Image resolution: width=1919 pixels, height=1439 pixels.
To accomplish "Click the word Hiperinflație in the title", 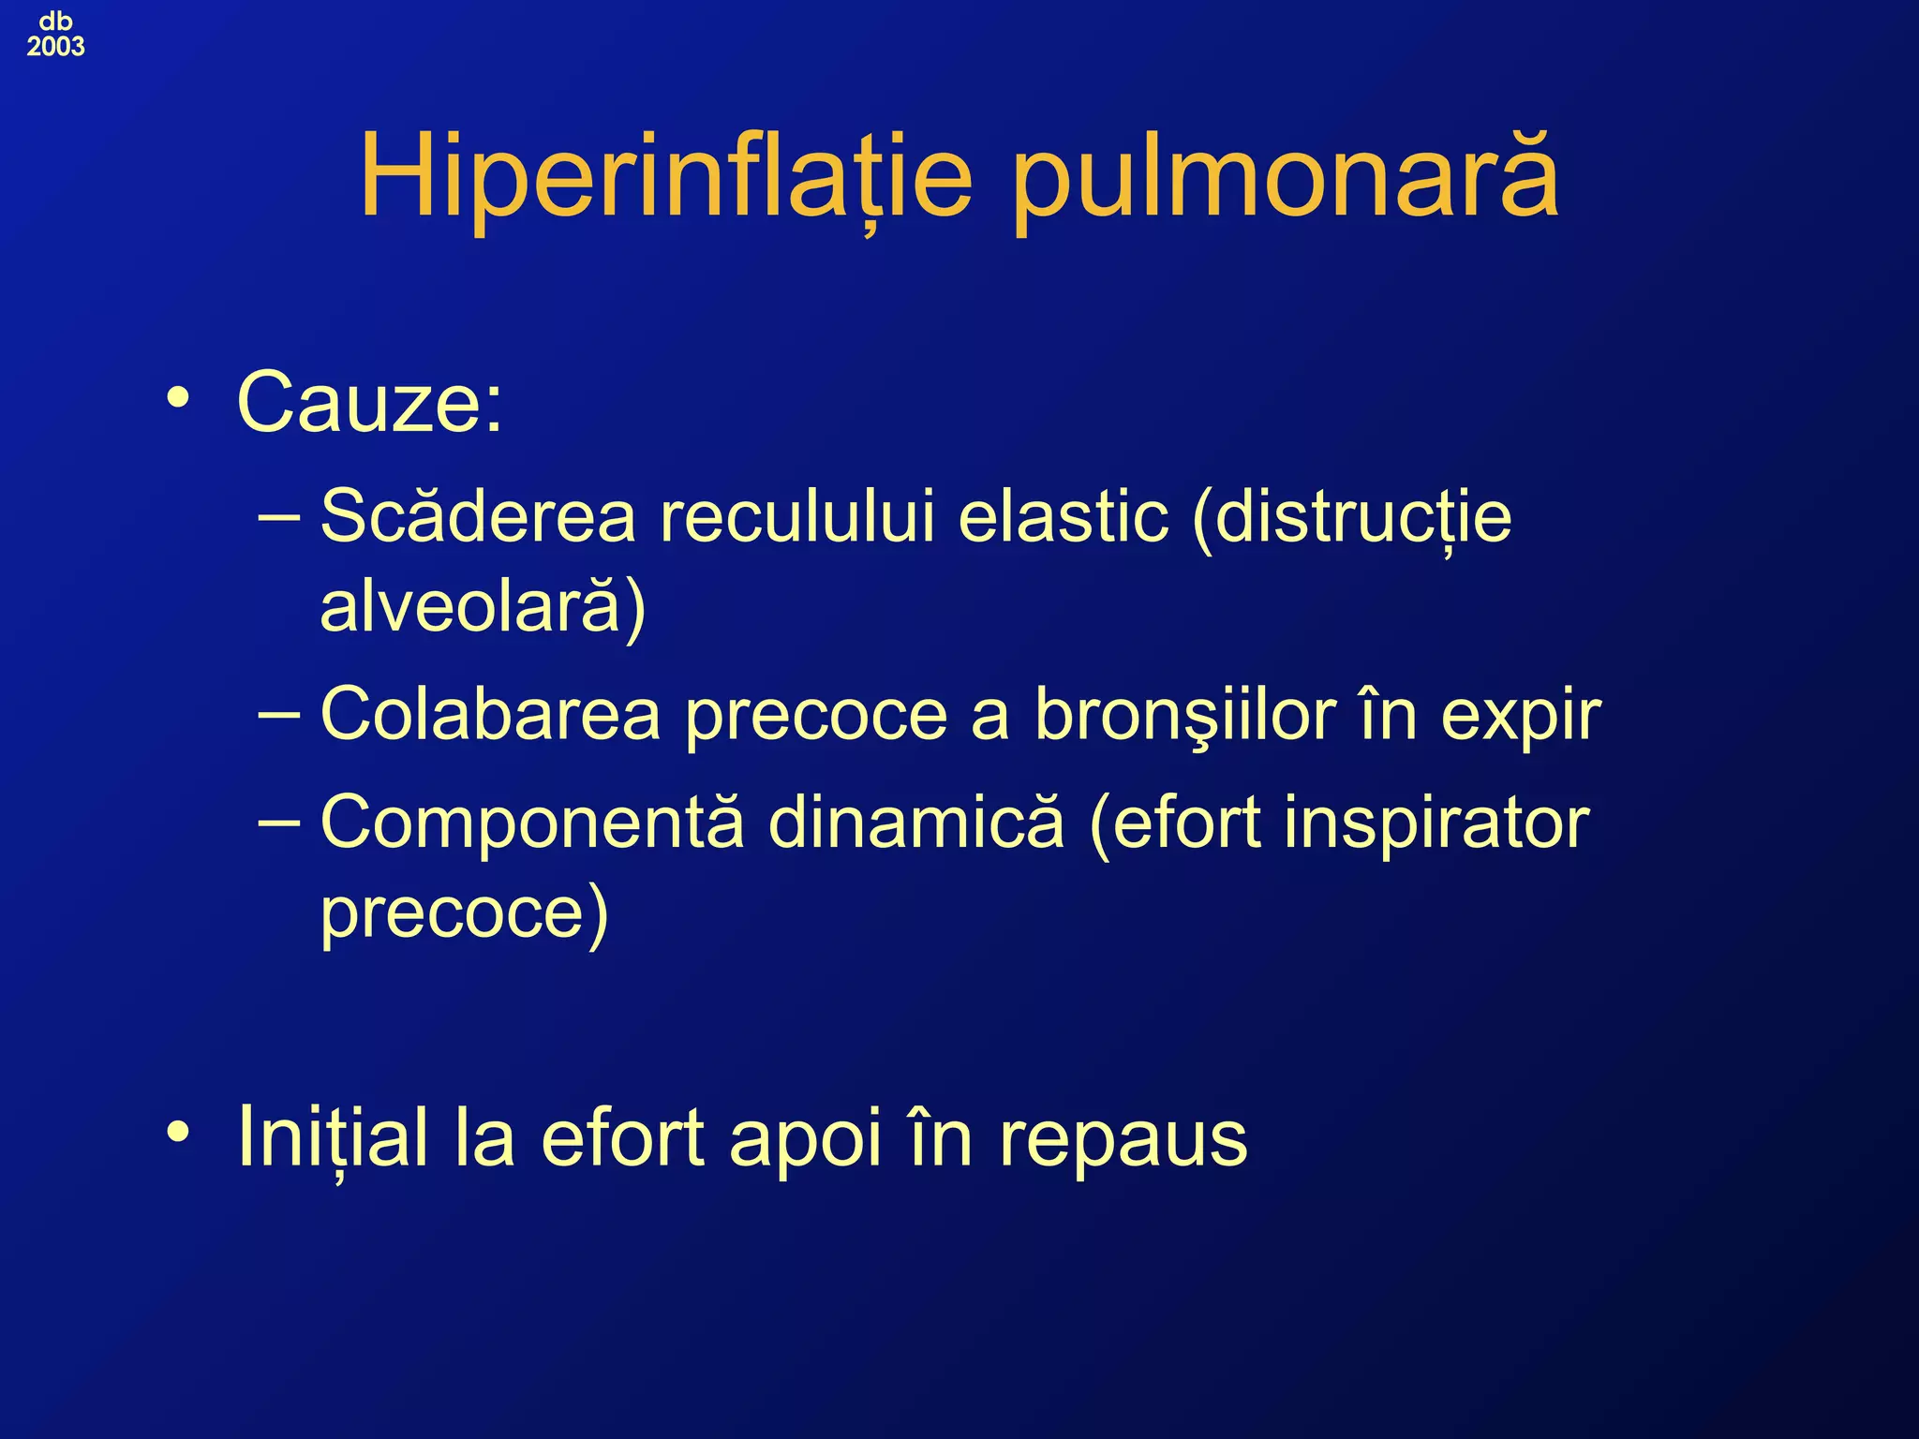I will [x=666, y=178].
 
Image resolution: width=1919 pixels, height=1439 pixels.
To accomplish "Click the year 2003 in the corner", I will [x=55, y=47].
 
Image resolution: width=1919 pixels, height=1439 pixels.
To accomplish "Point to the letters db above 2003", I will [x=55, y=21].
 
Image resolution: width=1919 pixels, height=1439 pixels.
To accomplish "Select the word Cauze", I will [x=369, y=403].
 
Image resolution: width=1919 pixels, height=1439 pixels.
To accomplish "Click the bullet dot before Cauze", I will [x=177, y=399].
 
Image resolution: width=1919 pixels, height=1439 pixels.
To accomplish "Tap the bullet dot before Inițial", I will [x=177, y=1134].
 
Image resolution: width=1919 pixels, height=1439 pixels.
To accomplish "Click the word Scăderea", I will [x=478, y=516].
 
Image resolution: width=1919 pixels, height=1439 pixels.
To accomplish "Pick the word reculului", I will [x=797, y=516].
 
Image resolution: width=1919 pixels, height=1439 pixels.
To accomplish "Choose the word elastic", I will [x=1064, y=516].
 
